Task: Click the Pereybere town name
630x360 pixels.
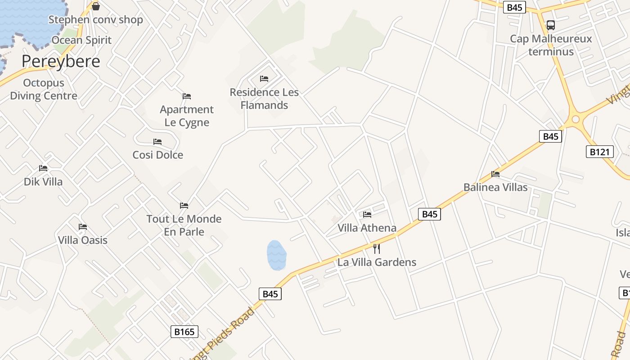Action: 61,61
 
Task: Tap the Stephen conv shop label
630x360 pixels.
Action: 95,20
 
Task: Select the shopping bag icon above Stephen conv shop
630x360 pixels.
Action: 95,6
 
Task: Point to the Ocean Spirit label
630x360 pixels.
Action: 81,40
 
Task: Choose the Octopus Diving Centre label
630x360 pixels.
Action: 44,89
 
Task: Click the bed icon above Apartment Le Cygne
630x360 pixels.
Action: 187,96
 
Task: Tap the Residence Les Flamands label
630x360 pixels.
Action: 264,99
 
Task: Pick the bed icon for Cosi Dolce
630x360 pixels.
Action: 157,142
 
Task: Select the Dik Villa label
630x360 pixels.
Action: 43,182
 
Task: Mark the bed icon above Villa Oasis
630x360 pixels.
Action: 83,227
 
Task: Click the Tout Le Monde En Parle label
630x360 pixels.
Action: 184,225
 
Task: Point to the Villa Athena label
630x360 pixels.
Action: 367,228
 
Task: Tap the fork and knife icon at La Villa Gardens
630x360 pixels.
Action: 377,248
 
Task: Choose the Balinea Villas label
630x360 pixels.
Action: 495,187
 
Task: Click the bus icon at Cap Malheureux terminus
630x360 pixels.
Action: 550,25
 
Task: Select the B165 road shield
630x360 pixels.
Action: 184,332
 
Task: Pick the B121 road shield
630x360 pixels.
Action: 600,152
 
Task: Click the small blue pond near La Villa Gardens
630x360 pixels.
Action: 276,255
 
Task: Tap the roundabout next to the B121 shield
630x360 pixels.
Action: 576,120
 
